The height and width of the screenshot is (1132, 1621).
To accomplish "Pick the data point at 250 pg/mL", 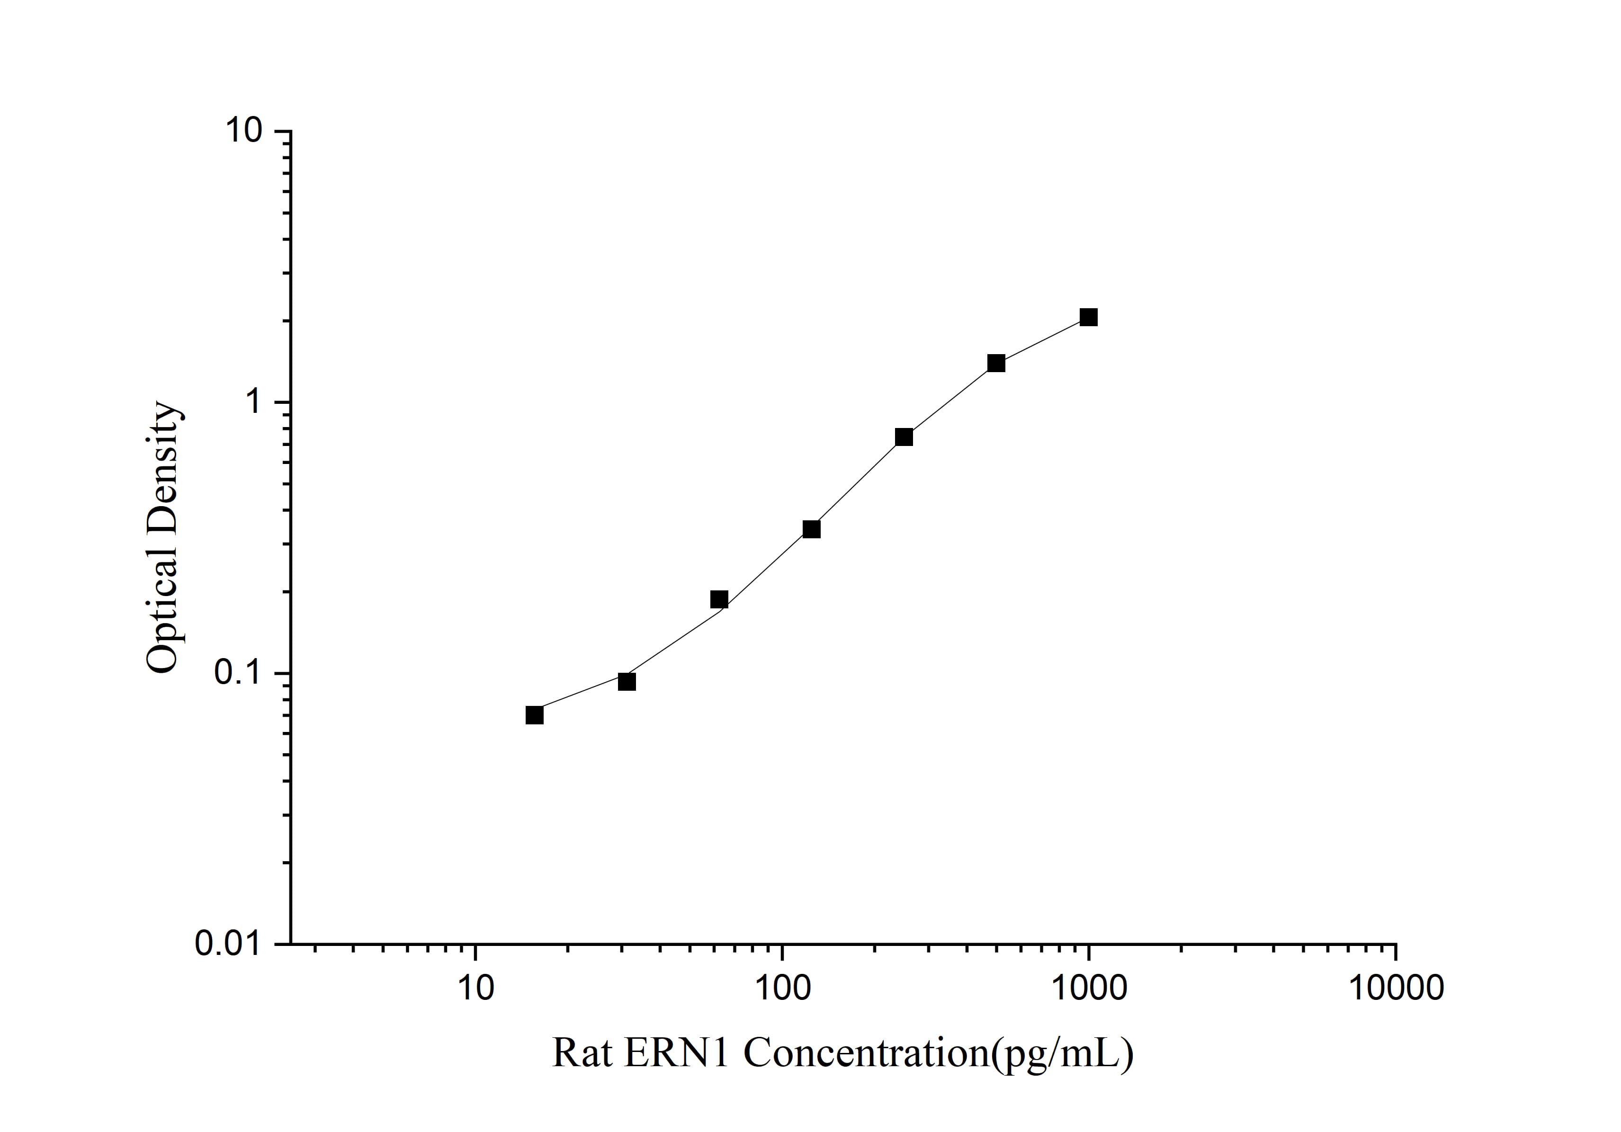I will pyautogui.click(x=904, y=437).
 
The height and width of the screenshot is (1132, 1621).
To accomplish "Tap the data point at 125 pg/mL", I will pyautogui.click(x=812, y=529).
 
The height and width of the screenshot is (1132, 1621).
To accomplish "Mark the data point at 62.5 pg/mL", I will pyautogui.click(x=719, y=599).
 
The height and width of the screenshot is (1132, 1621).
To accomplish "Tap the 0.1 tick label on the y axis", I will pyautogui.click(x=238, y=673).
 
